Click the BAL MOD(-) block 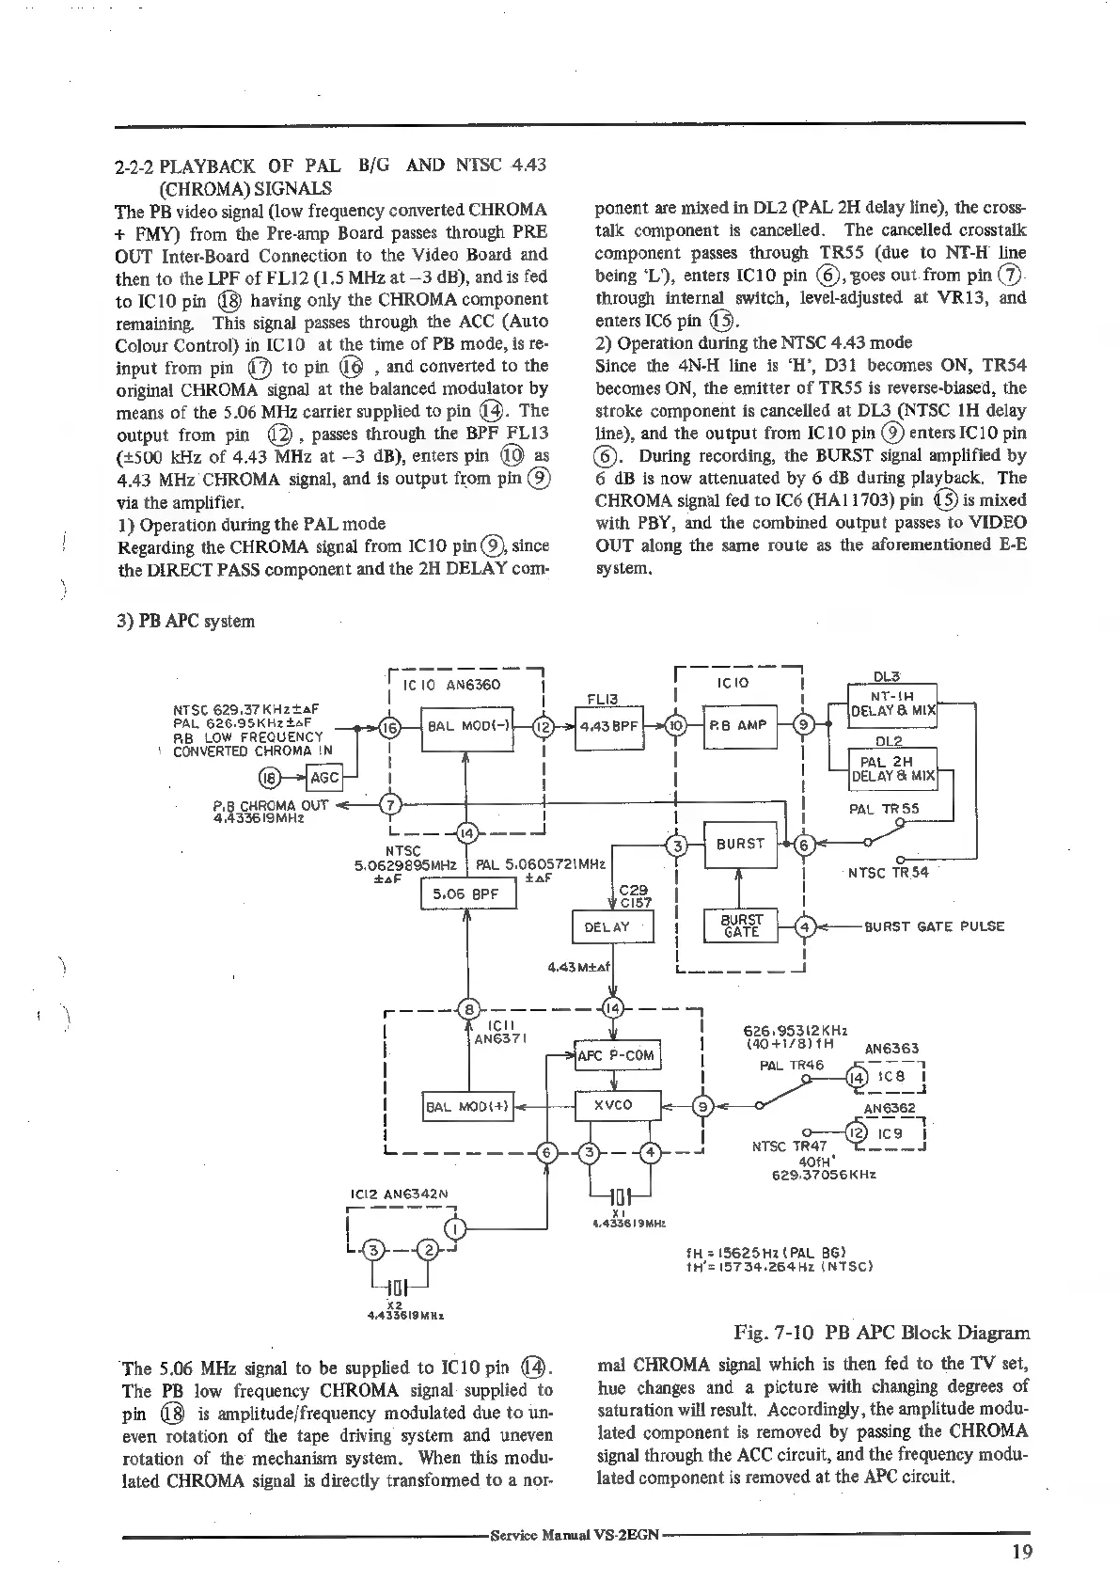pos(466,726)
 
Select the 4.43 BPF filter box pos(608,726)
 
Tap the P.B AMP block pos(739,726)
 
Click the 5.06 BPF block pos(468,894)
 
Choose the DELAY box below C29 pos(612,927)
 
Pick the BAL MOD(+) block pos(467,1107)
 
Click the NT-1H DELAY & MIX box pos(892,704)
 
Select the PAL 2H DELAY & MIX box pos(892,767)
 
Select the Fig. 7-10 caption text pos(880,1333)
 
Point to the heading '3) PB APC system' pos(185,622)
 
